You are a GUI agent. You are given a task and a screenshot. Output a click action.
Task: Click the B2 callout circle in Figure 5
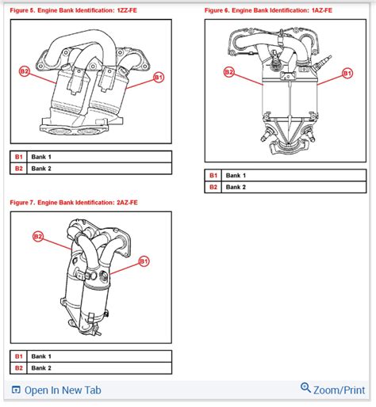click(x=25, y=71)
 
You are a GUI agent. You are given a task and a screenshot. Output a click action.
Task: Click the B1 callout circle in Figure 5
click(x=159, y=78)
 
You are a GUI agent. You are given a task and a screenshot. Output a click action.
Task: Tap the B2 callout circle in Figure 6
click(x=228, y=72)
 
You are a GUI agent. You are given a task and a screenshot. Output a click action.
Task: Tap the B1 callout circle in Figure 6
click(x=347, y=73)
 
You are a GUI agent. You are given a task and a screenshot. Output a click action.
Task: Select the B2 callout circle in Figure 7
click(x=38, y=236)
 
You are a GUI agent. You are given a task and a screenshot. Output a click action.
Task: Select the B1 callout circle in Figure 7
click(x=144, y=261)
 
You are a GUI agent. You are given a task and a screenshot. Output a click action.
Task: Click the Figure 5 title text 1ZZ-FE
click(x=127, y=10)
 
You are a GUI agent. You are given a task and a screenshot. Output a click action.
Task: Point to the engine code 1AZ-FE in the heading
click(x=322, y=10)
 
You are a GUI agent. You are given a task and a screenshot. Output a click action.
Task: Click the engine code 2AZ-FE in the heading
click(x=127, y=203)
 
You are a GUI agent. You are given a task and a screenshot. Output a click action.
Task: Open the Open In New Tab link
click(x=63, y=390)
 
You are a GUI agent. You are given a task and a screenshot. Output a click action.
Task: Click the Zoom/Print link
click(x=340, y=390)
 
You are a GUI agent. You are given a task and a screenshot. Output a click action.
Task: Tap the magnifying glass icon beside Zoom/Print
click(x=305, y=388)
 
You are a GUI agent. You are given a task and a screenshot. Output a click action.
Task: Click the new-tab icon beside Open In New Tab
click(x=16, y=390)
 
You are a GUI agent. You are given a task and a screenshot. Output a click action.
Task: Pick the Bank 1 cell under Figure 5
click(x=99, y=157)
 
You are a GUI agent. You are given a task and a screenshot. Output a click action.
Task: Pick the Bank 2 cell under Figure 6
click(x=294, y=187)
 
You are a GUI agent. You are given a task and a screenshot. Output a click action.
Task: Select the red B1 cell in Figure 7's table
click(x=18, y=356)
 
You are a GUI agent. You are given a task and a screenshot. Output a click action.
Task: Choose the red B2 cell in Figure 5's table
click(x=18, y=169)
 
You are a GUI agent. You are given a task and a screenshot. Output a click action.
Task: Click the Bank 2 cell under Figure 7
click(x=99, y=368)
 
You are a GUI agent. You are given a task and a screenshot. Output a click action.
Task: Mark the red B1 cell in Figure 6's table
click(x=213, y=175)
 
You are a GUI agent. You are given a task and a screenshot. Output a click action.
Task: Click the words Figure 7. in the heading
click(x=22, y=203)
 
